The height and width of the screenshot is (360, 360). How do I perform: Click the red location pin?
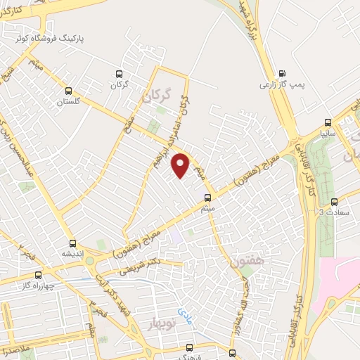click(181, 165)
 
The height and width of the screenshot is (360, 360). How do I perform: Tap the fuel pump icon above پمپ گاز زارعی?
click(282, 72)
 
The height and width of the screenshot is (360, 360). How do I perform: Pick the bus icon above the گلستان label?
click(69, 91)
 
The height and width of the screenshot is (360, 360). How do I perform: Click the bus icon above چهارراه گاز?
click(39, 275)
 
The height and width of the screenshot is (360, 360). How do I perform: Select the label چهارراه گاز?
click(37, 286)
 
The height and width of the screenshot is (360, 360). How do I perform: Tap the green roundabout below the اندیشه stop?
click(91, 262)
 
